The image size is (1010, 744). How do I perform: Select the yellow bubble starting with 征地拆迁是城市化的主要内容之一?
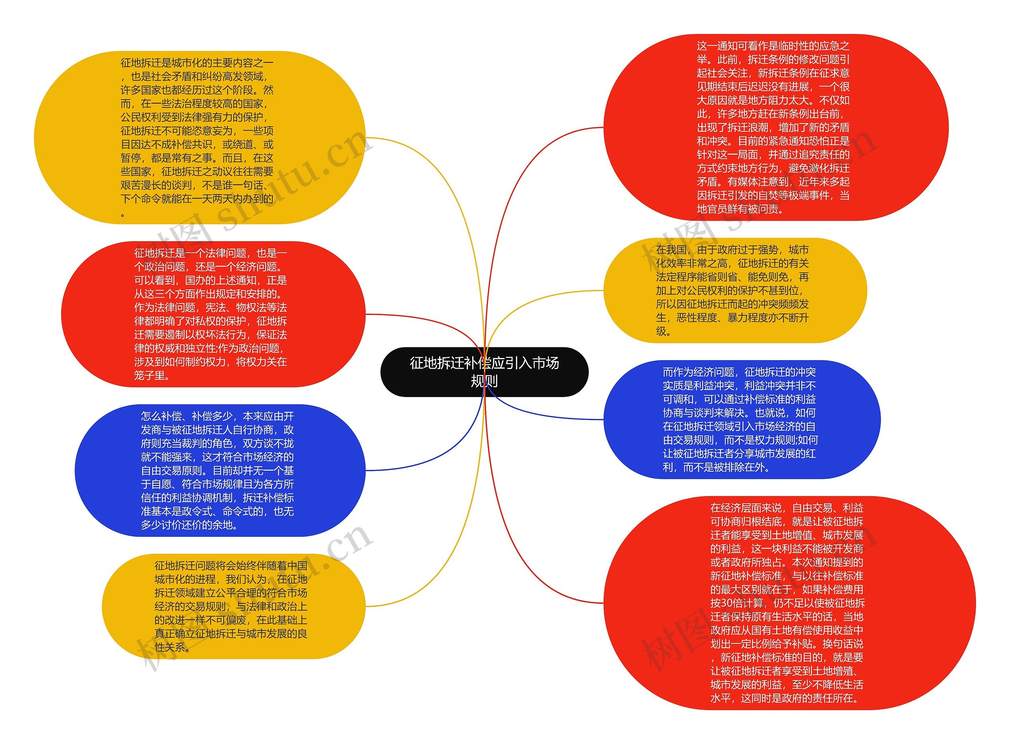[198, 137]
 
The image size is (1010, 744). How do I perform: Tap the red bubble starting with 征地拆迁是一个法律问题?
[211, 314]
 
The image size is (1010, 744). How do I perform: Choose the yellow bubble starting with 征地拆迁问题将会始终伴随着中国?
[232, 606]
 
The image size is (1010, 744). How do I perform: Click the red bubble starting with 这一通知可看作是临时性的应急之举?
[774, 127]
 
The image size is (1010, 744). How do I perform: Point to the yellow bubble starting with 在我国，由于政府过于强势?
[734, 290]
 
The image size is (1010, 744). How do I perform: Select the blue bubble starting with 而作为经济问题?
[741, 419]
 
